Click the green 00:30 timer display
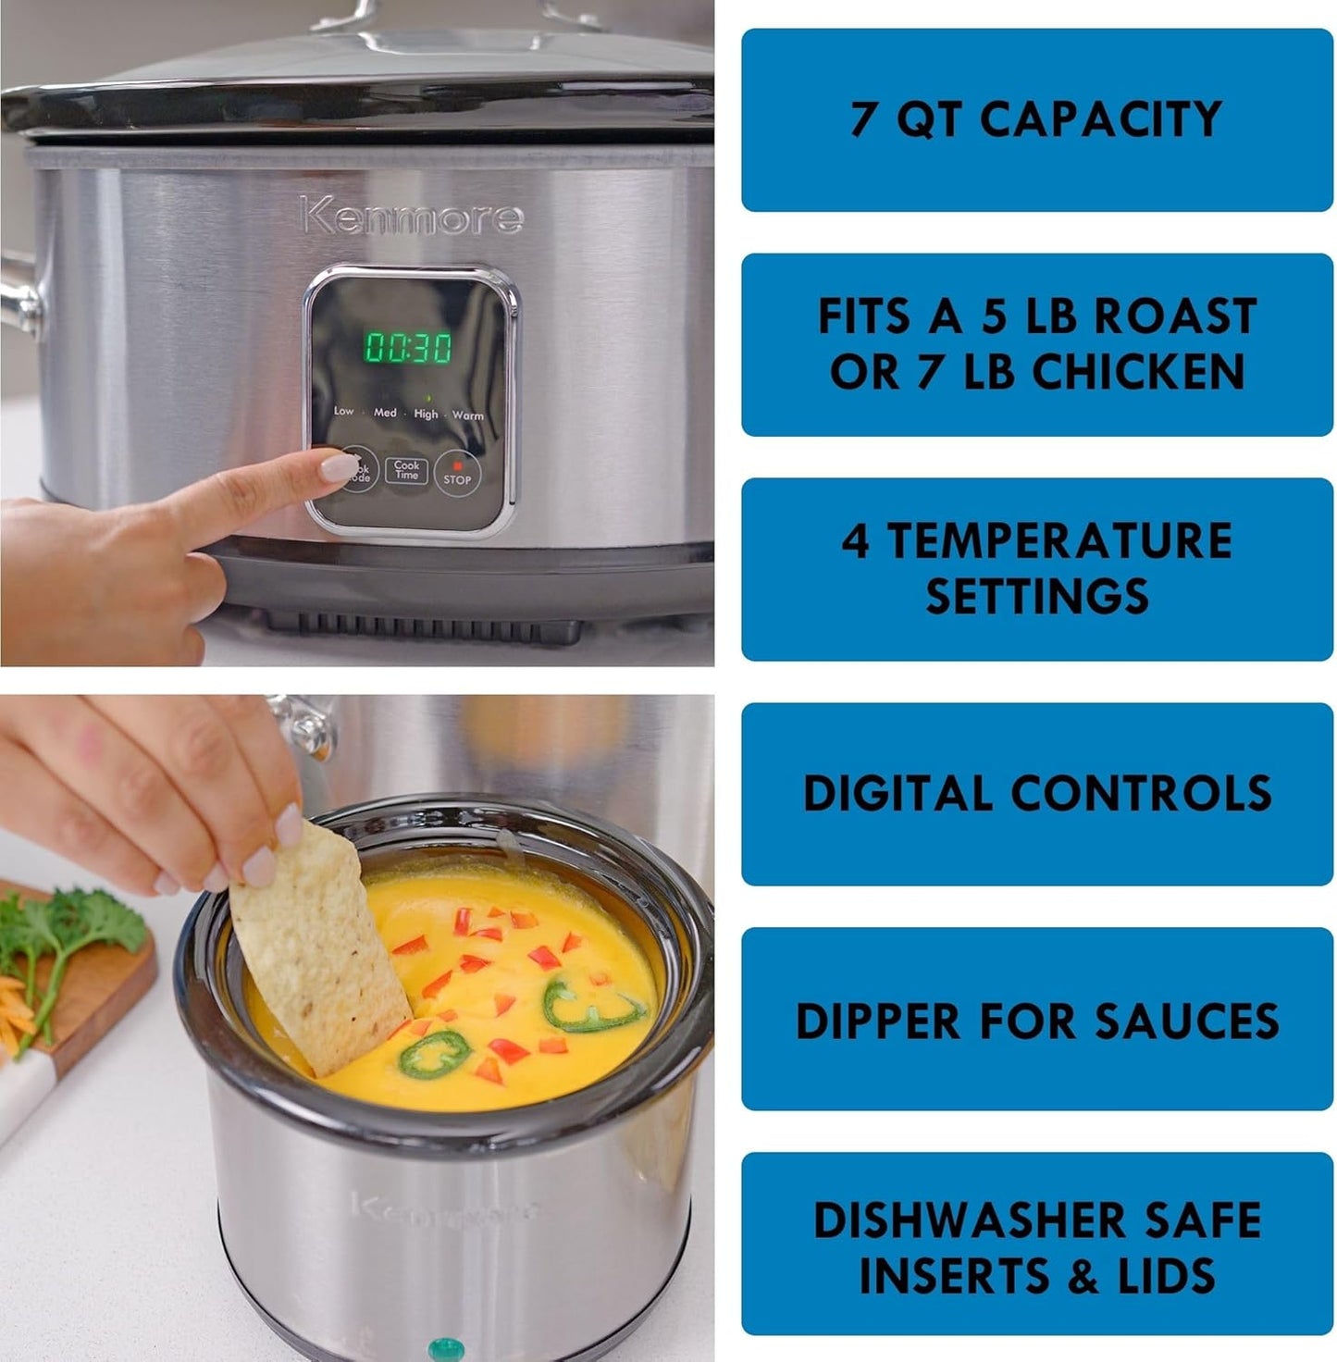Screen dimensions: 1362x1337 [x=408, y=348]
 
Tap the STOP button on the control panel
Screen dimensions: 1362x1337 [x=457, y=473]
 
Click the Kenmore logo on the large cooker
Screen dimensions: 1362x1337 [x=412, y=217]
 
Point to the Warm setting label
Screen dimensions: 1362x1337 [x=468, y=415]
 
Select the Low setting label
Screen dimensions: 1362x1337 [x=343, y=411]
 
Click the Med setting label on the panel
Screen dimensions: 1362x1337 [x=385, y=413]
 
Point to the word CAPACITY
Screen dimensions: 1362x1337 [x=1100, y=119]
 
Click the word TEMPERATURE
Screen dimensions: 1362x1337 [x=1059, y=540]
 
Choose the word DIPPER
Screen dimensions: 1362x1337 [x=878, y=1021]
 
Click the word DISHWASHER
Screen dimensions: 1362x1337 [x=971, y=1220]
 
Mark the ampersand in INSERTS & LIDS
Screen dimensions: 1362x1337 [x=1083, y=1277]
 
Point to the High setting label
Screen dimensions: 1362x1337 [x=427, y=414]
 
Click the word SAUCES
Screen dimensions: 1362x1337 [x=1186, y=1021]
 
